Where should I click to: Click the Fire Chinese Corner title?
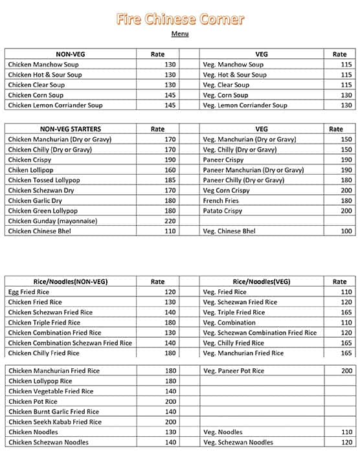pos(180,19)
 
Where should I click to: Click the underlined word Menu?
pos(180,34)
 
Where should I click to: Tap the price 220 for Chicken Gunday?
pos(170,221)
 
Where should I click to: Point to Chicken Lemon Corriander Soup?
pos(55,105)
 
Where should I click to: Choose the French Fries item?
pos(221,201)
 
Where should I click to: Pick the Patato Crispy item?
pos(223,211)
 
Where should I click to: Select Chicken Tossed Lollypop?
pos(47,181)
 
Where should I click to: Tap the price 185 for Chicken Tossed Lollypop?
pos(170,181)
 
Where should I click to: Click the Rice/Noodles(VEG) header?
pos(262,282)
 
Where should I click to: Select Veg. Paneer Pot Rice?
pos(234,371)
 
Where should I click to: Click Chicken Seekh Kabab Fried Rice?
pos(55,422)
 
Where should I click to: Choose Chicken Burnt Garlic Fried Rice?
pos(54,412)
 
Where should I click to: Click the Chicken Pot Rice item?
pos(36,402)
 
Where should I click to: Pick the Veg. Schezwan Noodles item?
pos(238,443)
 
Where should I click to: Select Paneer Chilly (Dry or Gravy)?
pos(243,181)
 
